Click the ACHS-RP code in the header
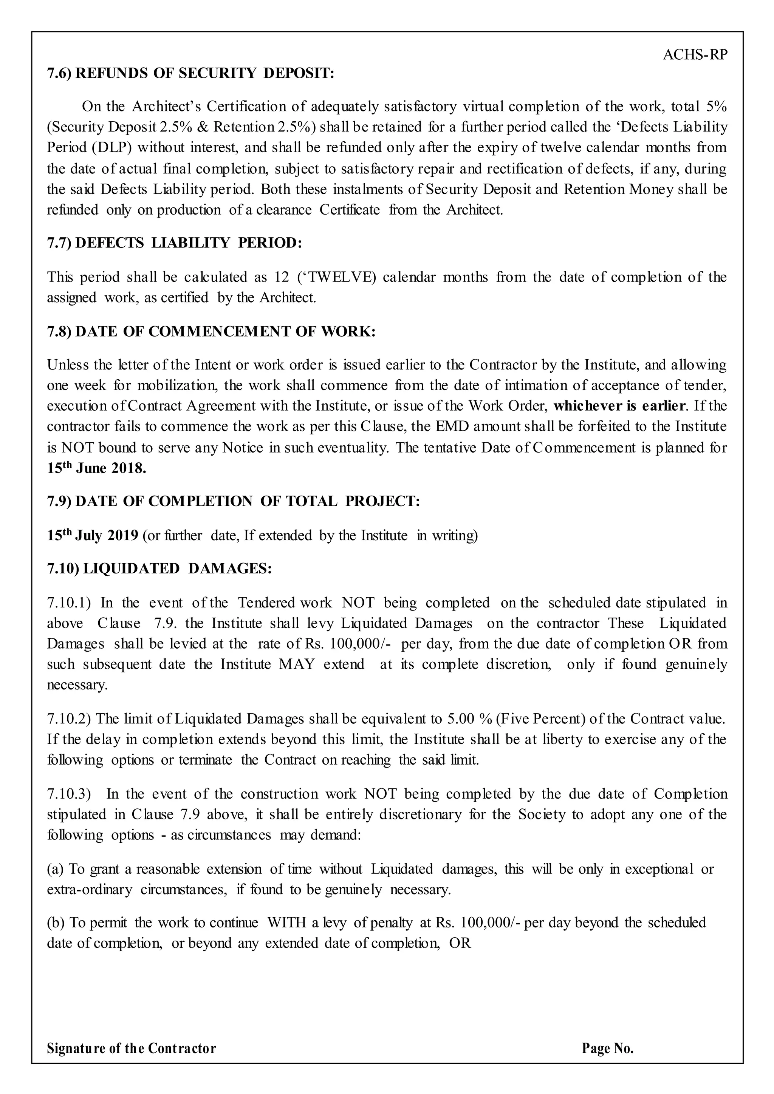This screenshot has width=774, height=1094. [x=695, y=55]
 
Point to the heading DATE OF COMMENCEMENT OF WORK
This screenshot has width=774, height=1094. [x=211, y=332]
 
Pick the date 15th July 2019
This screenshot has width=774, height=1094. [x=93, y=536]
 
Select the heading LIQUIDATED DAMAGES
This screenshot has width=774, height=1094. [x=159, y=569]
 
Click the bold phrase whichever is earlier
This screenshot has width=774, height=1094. [x=619, y=406]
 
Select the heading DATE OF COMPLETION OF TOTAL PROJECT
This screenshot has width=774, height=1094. [x=234, y=501]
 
